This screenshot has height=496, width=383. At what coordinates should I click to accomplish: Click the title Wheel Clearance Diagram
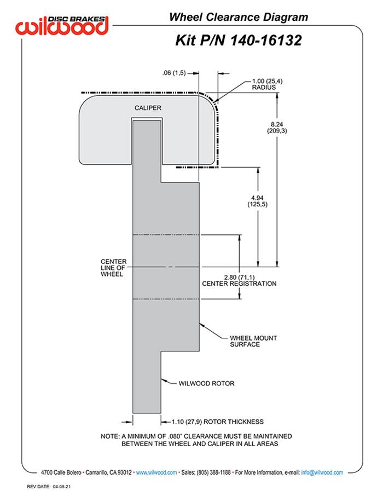point(238,18)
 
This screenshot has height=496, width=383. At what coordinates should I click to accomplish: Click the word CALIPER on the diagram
point(148,108)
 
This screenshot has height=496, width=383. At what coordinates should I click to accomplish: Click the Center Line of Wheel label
point(112,268)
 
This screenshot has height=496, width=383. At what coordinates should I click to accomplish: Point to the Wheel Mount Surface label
point(237,341)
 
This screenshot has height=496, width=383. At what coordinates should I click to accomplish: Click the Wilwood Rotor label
point(206,384)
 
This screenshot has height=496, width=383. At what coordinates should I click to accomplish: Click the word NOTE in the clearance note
point(111,436)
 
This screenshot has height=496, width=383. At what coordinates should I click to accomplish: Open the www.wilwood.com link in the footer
point(156,472)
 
